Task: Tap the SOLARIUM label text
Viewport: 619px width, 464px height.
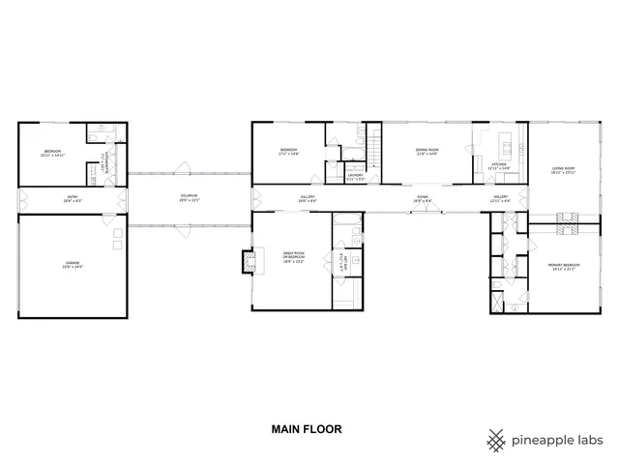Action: pyautogui.click(x=189, y=198)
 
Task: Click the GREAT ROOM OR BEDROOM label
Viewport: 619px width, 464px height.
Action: pyautogui.click(x=294, y=258)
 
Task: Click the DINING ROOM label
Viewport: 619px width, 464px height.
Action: pyautogui.click(x=427, y=152)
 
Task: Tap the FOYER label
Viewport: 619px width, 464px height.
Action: pyautogui.click(x=423, y=198)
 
